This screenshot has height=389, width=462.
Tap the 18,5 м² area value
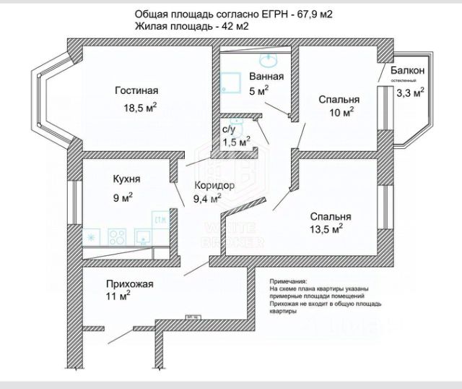[140, 108]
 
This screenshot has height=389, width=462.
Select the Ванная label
[266, 77]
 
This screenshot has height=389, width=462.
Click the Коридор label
[215, 186]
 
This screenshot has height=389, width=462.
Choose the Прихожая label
[130, 283]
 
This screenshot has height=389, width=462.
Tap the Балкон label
[407, 71]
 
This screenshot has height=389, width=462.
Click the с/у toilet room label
[229, 129]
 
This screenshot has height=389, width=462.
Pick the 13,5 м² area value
[326, 230]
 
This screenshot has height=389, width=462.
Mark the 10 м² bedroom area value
[341, 113]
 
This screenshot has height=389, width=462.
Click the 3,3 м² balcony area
[411, 93]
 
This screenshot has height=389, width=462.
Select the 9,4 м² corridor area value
[207, 200]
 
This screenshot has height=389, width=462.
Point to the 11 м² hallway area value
[118, 296]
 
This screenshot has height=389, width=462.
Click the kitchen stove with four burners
[117, 236]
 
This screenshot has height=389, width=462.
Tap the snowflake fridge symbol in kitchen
[92, 237]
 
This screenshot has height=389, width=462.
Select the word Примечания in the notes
[288, 281]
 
